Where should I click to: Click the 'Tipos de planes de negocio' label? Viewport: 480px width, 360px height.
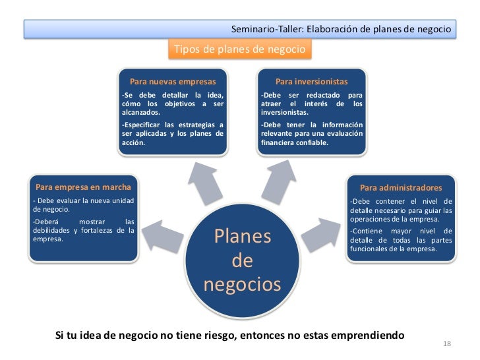click(238, 50)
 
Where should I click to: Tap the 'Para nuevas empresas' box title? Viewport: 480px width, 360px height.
click(173, 82)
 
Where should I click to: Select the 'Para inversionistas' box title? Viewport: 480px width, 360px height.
click(311, 82)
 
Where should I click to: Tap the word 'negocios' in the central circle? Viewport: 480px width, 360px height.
click(243, 285)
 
